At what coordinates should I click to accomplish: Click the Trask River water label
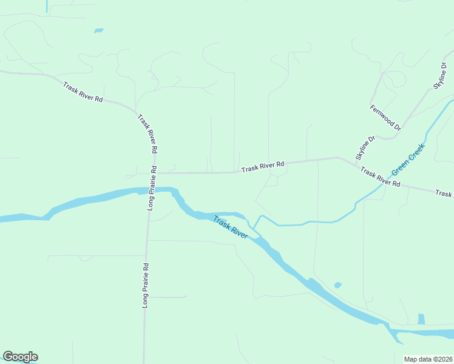(x=230, y=226)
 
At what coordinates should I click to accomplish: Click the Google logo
(x=20, y=357)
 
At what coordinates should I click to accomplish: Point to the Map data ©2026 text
(x=429, y=359)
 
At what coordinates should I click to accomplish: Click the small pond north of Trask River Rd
(x=98, y=30)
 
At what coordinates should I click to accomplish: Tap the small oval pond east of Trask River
(x=338, y=285)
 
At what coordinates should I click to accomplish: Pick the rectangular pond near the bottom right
(x=421, y=319)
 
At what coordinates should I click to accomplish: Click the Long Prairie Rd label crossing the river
(x=152, y=187)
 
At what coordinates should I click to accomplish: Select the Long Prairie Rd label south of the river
(x=146, y=285)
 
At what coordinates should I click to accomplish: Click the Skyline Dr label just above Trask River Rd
(x=366, y=147)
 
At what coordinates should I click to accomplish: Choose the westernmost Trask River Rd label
(x=83, y=91)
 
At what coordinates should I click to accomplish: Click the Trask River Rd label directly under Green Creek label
(x=380, y=177)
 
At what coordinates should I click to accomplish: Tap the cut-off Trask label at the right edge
(x=444, y=194)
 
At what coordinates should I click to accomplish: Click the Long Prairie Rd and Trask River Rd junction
(x=149, y=173)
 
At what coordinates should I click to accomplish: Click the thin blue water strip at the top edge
(x=47, y=5)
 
